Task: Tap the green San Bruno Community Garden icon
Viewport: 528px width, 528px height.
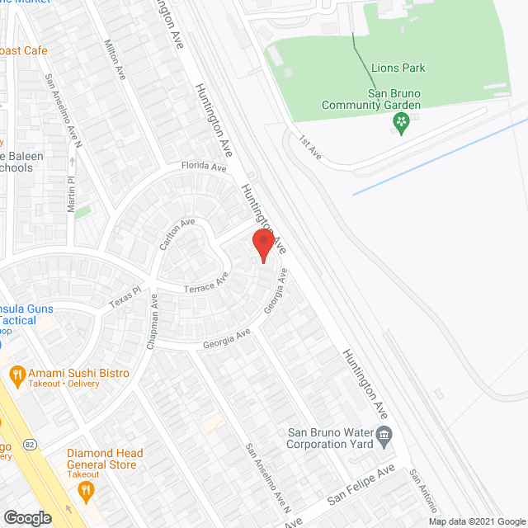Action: tap(401, 125)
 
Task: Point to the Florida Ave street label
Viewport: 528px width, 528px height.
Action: tap(205, 167)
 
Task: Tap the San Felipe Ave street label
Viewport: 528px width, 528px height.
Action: tap(361, 488)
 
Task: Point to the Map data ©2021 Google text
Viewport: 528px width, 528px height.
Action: tap(476, 521)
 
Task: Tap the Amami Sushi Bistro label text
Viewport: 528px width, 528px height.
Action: tap(79, 374)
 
